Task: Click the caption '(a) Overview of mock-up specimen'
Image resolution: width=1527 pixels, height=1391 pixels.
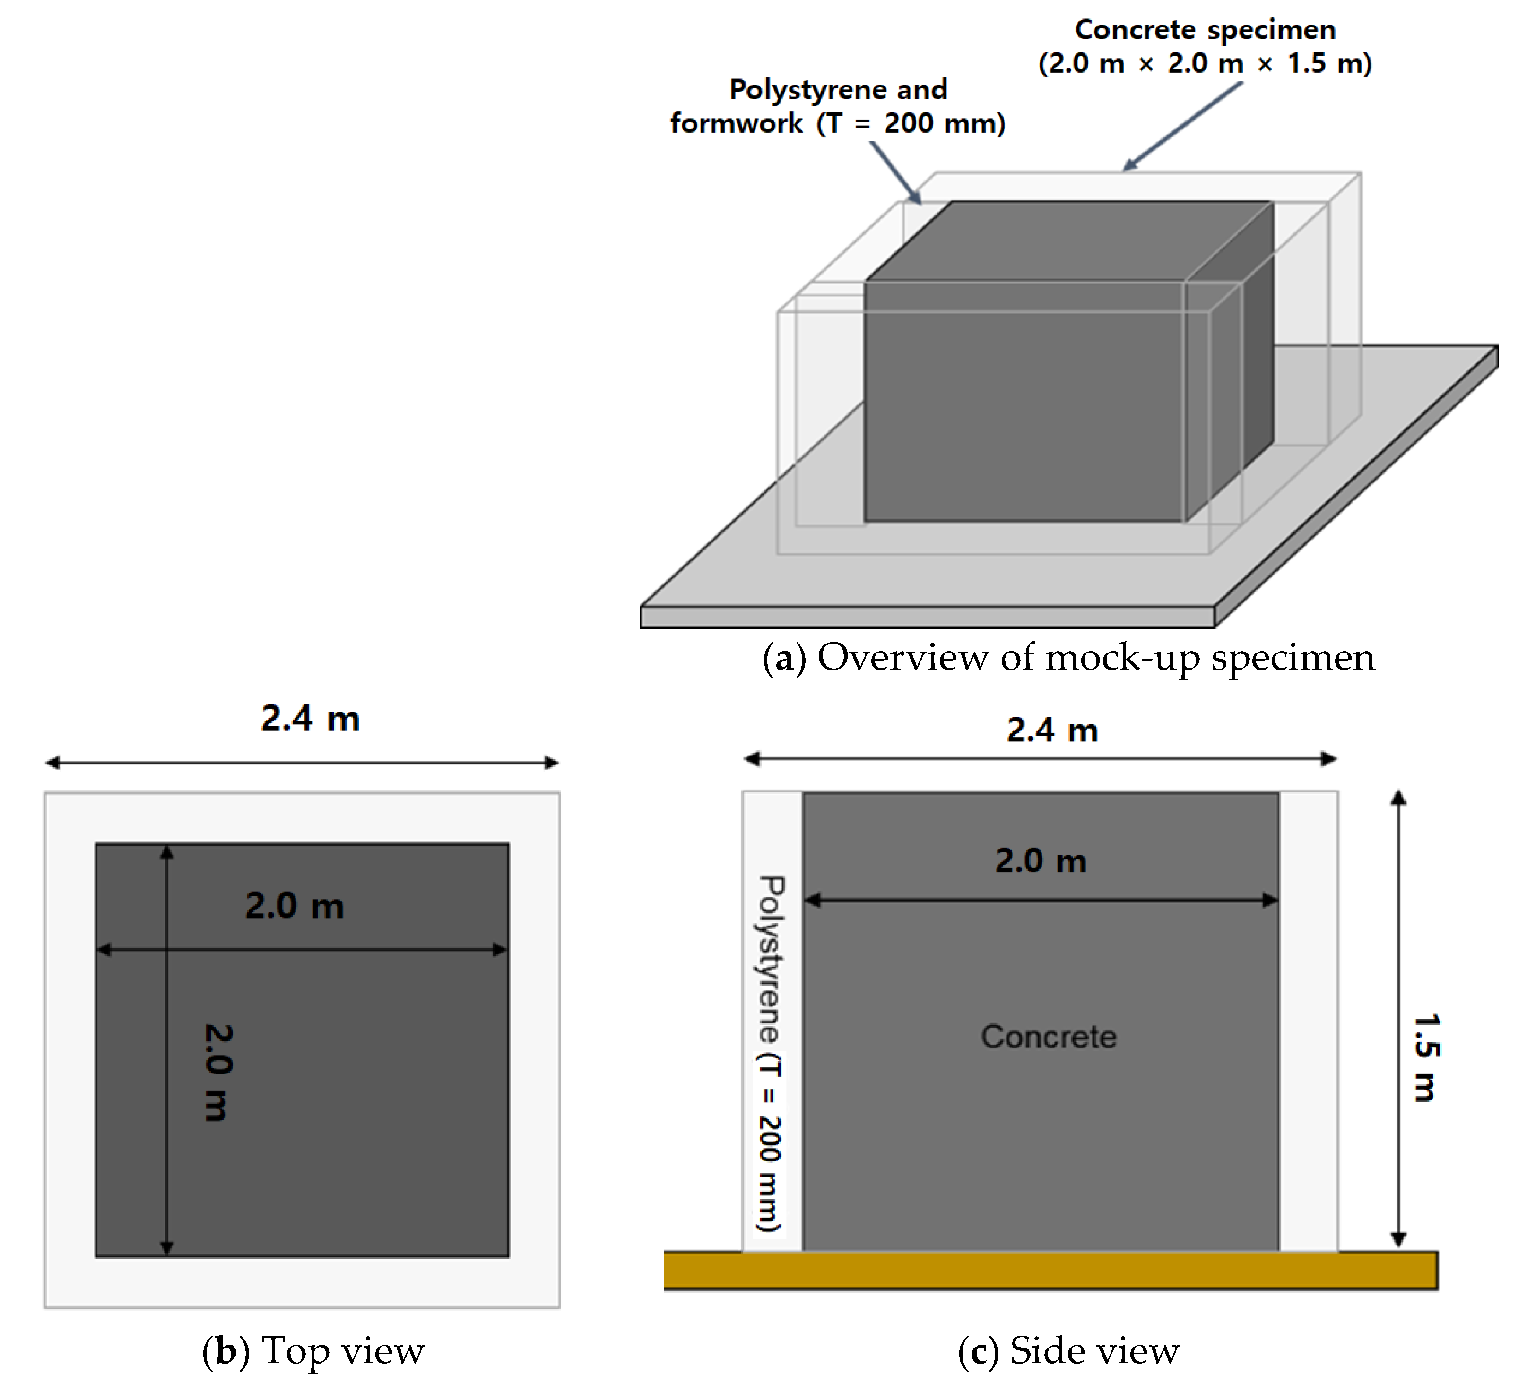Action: tap(1068, 657)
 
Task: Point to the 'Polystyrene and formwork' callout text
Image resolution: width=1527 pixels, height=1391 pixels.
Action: tap(838, 106)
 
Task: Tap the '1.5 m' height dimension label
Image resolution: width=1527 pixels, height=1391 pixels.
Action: tap(1425, 1058)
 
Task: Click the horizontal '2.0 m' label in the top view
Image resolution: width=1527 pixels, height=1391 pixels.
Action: tap(295, 906)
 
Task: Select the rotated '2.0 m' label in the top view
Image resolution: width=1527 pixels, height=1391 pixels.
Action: tap(217, 1072)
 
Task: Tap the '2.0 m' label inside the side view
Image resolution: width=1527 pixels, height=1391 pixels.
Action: tap(1041, 861)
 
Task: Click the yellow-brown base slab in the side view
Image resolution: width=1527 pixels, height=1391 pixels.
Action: tap(1050, 1270)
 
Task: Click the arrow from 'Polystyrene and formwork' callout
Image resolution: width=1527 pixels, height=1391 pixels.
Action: tap(895, 172)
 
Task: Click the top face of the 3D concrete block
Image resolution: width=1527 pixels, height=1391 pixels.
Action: tap(1068, 241)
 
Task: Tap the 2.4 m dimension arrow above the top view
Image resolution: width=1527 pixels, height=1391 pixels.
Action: tap(302, 763)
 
